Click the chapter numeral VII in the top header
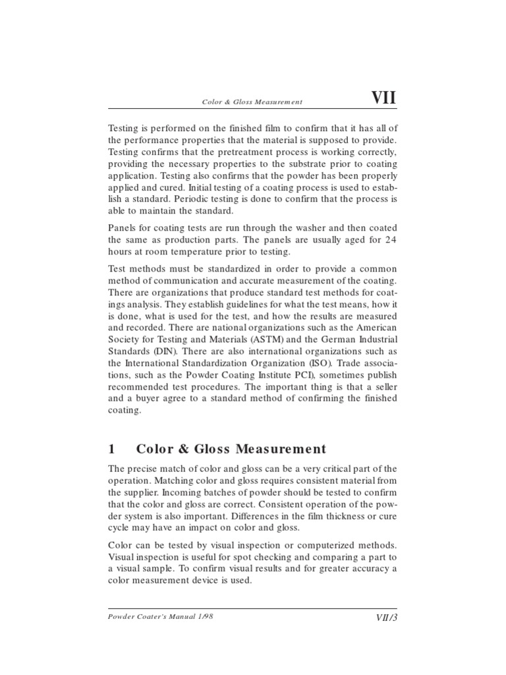click(384, 98)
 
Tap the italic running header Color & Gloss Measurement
click(252, 102)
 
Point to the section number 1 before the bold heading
click(111, 449)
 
